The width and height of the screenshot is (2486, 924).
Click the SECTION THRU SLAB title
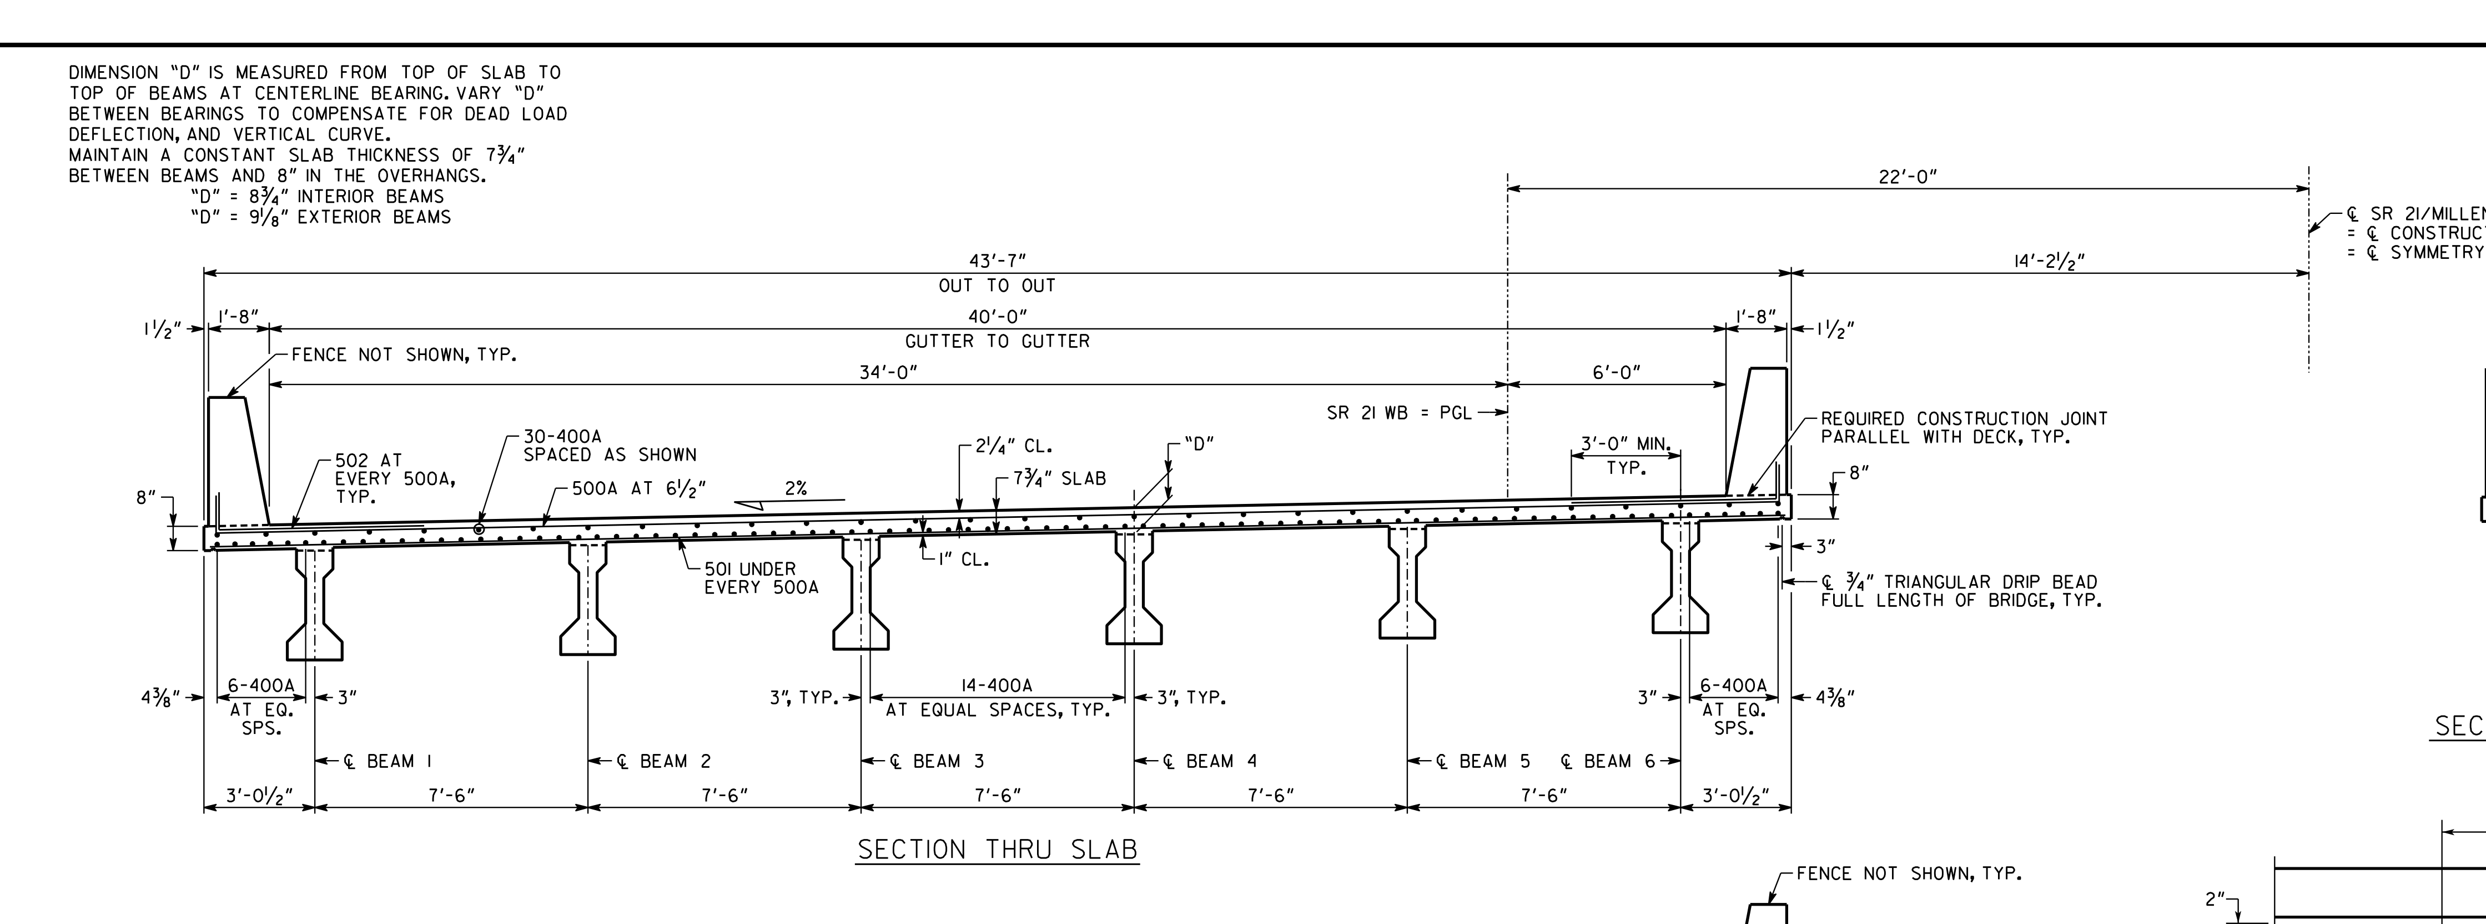coord(998,850)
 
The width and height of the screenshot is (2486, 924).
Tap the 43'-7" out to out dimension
coord(997,261)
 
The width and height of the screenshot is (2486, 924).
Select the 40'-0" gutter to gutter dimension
coord(997,317)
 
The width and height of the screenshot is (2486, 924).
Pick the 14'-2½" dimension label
coord(2049,261)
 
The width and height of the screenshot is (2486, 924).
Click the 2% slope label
coord(795,488)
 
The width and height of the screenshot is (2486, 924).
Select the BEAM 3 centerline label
coord(927,761)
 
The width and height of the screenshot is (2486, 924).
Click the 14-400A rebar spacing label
coord(997,686)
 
